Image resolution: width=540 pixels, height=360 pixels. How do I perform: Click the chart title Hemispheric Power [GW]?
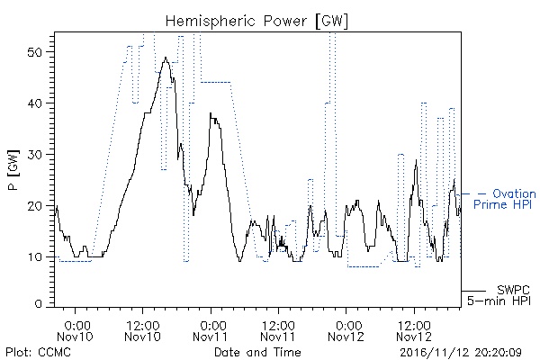(256, 21)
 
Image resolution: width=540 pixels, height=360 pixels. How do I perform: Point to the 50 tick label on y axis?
(34, 52)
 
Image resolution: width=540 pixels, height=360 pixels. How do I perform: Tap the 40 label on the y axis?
(34, 103)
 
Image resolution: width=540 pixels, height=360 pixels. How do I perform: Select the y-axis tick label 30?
(34, 155)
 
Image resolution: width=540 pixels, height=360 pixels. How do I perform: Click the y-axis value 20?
(34, 206)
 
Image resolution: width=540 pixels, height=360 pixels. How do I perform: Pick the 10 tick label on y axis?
(34, 257)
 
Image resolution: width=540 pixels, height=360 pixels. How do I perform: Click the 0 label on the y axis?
(38, 304)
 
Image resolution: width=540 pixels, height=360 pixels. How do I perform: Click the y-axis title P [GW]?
(13, 170)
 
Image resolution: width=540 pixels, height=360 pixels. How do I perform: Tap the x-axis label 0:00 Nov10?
(75, 331)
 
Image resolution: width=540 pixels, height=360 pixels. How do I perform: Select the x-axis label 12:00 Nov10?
(142, 331)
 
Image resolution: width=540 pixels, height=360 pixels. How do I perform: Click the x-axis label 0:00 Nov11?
(210, 331)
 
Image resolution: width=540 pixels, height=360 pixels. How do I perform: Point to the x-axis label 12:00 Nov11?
(278, 331)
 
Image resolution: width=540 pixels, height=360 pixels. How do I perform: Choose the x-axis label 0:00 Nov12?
(346, 331)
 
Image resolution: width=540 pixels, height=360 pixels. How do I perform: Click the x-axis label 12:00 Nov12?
(414, 331)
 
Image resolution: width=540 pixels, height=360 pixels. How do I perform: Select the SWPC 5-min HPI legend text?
(499, 295)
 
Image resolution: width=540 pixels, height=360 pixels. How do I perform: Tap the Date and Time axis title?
(257, 352)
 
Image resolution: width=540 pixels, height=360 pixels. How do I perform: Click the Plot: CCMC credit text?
(38, 352)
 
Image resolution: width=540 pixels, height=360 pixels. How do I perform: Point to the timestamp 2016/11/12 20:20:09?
(461, 353)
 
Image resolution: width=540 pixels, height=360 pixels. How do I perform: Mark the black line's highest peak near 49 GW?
(166, 58)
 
